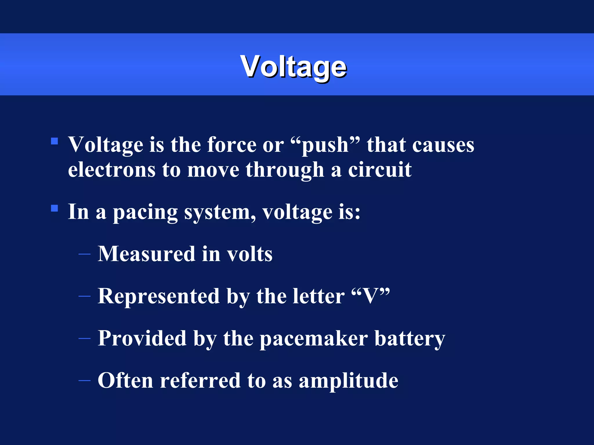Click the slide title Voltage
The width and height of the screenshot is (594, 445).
click(x=293, y=67)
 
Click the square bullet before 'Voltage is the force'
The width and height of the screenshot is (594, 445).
click(x=54, y=141)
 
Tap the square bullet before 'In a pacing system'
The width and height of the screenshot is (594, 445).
click(x=54, y=208)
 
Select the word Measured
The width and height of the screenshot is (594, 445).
click(x=146, y=254)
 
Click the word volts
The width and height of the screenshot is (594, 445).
click(x=249, y=254)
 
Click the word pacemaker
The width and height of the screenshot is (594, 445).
click(x=314, y=338)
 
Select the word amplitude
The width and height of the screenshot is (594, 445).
click(x=348, y=381)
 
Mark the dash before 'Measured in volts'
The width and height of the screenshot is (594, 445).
click(x=84, y=254)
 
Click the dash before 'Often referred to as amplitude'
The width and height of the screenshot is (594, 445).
click(x=84, y=380)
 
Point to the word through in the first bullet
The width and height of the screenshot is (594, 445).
click(x=285, y=170)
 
